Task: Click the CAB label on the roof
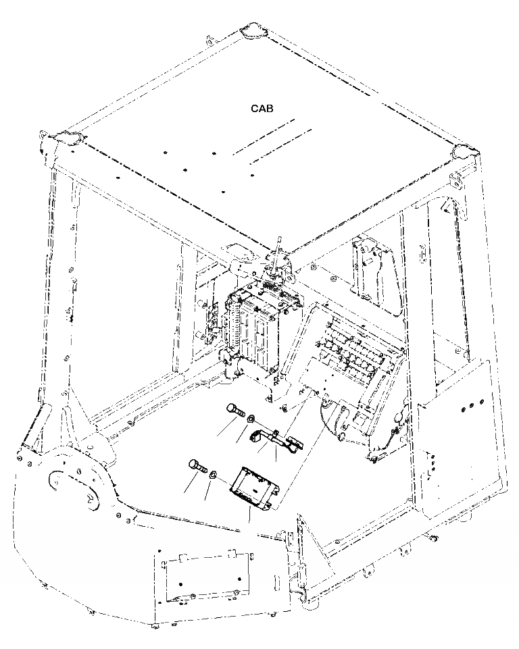coord(262,108)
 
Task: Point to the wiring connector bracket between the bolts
coord(277,439)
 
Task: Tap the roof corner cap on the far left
coord(68,138)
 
